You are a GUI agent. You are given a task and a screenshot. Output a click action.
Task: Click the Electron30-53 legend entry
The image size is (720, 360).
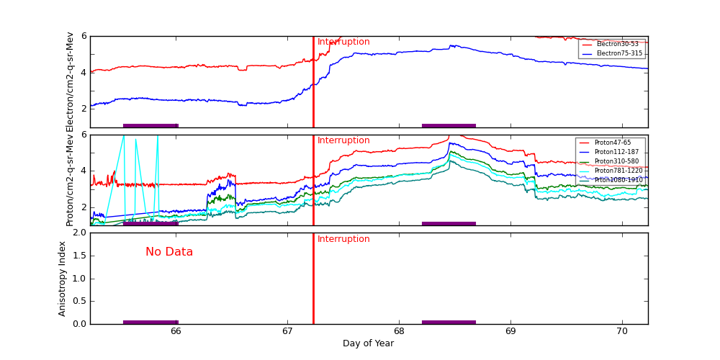tap(617, 44)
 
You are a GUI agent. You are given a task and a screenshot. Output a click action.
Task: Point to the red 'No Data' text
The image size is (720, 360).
tap(169, 252)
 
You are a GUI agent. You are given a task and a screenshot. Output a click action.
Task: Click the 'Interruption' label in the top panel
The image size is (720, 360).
tap(343, 42)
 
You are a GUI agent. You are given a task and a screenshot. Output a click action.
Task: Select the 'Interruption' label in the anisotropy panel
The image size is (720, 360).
tap(343, 239)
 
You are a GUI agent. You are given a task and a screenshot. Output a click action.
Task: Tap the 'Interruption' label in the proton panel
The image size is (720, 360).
tap(343, 140)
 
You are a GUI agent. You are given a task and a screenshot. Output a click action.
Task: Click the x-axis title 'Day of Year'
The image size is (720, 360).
tap(368, 343)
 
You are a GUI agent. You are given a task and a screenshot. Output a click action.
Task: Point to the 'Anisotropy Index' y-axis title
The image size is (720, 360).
tap(63, 278)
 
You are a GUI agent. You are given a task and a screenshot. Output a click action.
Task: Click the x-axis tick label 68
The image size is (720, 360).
tap(399, 331)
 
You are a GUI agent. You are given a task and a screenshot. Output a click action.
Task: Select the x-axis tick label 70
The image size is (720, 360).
tap(622, 331)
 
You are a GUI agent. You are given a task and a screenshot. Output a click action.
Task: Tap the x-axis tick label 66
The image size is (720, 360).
tap(176, 331)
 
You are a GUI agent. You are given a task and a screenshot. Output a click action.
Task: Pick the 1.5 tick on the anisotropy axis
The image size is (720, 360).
tap(78, 256)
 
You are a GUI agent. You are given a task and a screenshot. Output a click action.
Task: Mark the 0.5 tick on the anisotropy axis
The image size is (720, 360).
tap(78, 301)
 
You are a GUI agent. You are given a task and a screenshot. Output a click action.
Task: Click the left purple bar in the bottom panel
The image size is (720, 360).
tap(150, 322)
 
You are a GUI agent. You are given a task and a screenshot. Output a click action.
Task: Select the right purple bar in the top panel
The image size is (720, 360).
tap(449, 125)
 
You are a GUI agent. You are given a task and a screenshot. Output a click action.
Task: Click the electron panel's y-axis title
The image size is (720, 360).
tap(70, 81)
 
